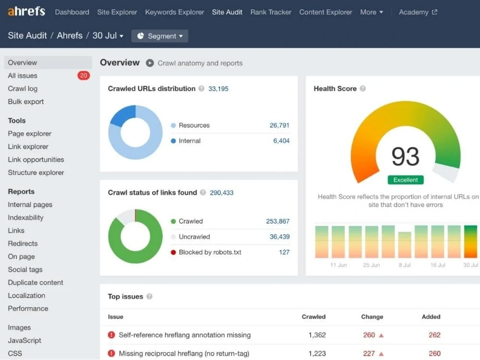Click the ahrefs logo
pyautogui.click(x=26, y=12)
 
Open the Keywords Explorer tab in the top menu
pyautogui.click(x=175, y=12)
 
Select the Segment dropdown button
pyautogui.click(x=160, y=36)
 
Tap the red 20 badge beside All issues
pyautogui.click(x=84, y=76)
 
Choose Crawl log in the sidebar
pyautogui.click(x=23, y=89)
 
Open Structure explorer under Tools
pyautogui.click(x=36, y=173)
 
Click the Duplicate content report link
pyautogui.click(x=36, y=283)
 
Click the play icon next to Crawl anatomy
pyautogui.click(x=150, y=63)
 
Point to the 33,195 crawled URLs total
pyautogui.click(x=218, y=89)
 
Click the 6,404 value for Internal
pyautogui.click(x=281, y=141)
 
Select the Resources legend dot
pyautogui.click(x=173, y=125)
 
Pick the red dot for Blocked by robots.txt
pyautogui.click(x=173, y=252)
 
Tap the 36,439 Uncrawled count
pyautogui.click(x=279, y=237)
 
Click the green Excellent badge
pyautogui.click(x=406, y=180)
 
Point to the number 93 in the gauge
pyautogui.click(x=405, y=156)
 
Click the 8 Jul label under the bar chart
pyautogui.click(x=405, y=265)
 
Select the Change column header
pyautogui.click(x=372, y=317)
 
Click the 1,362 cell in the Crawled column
pyautogui.click(x=317, y=335)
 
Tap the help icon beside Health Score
pyautogui.click(x=363, y=89)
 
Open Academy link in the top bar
pyautogui.click(x=418, y=12)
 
